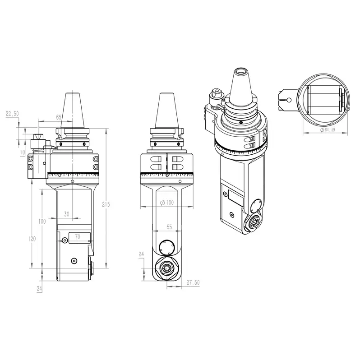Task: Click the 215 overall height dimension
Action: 106,204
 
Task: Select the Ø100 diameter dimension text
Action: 167,203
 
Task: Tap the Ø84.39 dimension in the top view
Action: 328,130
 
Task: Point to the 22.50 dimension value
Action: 12,114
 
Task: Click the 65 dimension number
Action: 59,117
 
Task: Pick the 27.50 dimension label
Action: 193,282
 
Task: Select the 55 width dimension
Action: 169,227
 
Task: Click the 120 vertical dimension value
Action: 32,239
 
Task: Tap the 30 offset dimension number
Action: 67,214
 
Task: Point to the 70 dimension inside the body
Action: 78,237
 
